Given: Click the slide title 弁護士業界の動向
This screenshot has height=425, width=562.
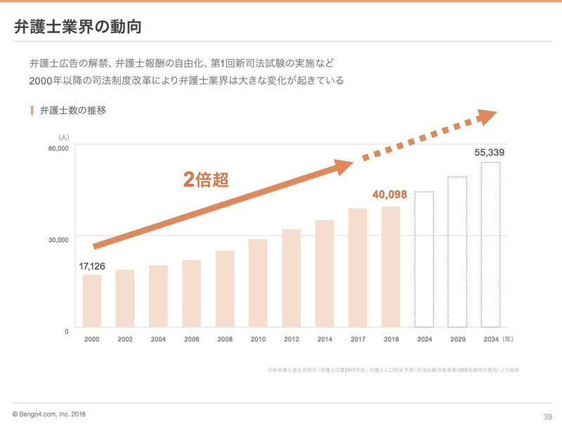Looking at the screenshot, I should pos(77,28).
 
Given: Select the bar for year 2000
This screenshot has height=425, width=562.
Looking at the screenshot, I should pos(91,301).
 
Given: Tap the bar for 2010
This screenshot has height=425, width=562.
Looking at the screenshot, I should pos(258,283).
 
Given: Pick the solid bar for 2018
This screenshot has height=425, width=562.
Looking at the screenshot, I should pos(391,267).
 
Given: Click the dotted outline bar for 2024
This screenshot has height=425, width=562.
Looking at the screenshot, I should pos(424,259).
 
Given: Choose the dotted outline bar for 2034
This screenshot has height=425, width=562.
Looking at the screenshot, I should pos(490,244).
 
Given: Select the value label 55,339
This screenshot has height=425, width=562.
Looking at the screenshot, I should pos(490,152).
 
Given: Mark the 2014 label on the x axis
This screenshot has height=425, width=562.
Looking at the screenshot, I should pos(325,339).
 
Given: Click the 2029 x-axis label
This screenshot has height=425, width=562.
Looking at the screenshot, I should pos(457,339).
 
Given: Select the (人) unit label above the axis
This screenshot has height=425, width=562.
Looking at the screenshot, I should pos(64,137).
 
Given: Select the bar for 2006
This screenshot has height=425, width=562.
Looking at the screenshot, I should pos(191,294).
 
